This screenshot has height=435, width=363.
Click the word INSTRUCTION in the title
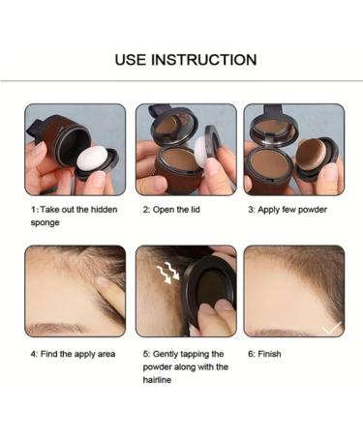point(202,60)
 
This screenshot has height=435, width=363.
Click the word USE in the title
point(131,60)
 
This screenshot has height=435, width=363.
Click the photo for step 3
point(293,149)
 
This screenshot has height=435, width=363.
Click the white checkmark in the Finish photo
point(331,328)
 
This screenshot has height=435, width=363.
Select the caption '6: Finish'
point(264,354)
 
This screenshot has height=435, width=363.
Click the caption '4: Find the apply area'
point(72,354)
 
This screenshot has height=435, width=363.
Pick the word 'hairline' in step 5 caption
point(159,380)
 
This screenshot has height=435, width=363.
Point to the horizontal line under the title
point(181,81)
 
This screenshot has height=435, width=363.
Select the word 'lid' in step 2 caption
point(201,209)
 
